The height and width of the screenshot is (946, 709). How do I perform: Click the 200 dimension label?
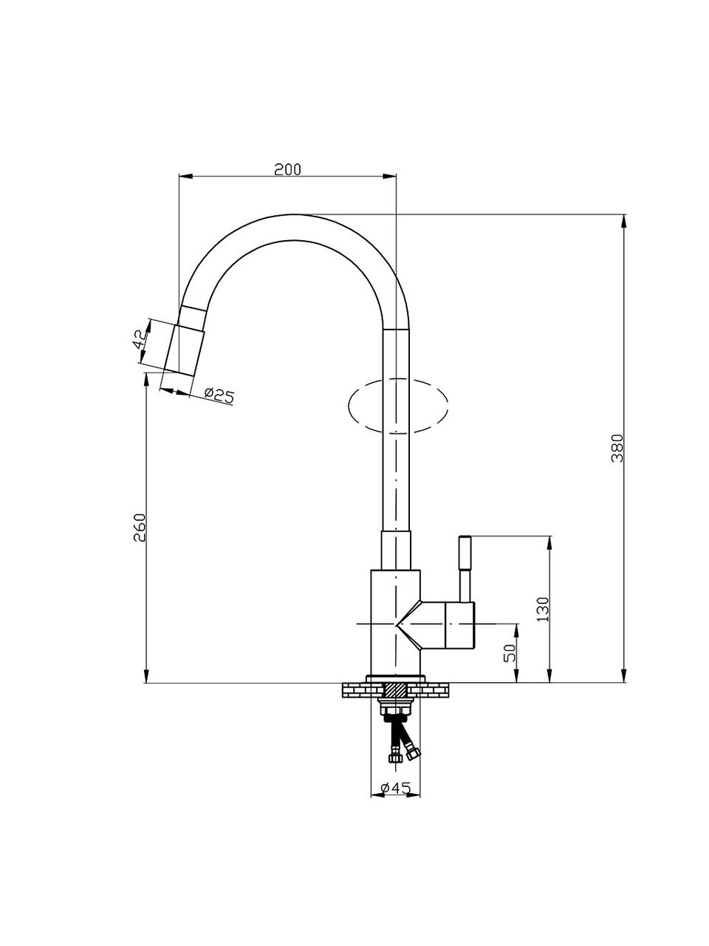pyautogui.click(x=287, y=169)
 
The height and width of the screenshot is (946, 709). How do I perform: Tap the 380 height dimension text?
pyautogui.click(x=617, y=448)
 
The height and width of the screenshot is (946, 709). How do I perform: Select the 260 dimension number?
pyautogui.click(x=140, y=528)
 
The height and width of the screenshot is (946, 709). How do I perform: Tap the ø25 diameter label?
pyautogui.click(x=219, y=395)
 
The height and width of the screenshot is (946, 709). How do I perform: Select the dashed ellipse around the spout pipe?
pyautogui.click(x=397, y=405)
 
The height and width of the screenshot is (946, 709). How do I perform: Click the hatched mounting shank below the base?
pyautogui.click(x=396, y=690)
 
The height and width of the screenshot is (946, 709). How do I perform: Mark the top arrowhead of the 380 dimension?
pyautogui.click(x=624, y=222)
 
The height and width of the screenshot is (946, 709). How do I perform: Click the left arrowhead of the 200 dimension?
pyautogui.click(x=185, y=175)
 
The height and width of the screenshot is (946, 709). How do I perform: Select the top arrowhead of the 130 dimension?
pyautogui.click(x=549, y=542)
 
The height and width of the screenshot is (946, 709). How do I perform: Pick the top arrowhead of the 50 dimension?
pyautogui.click(x=516, y=630)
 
